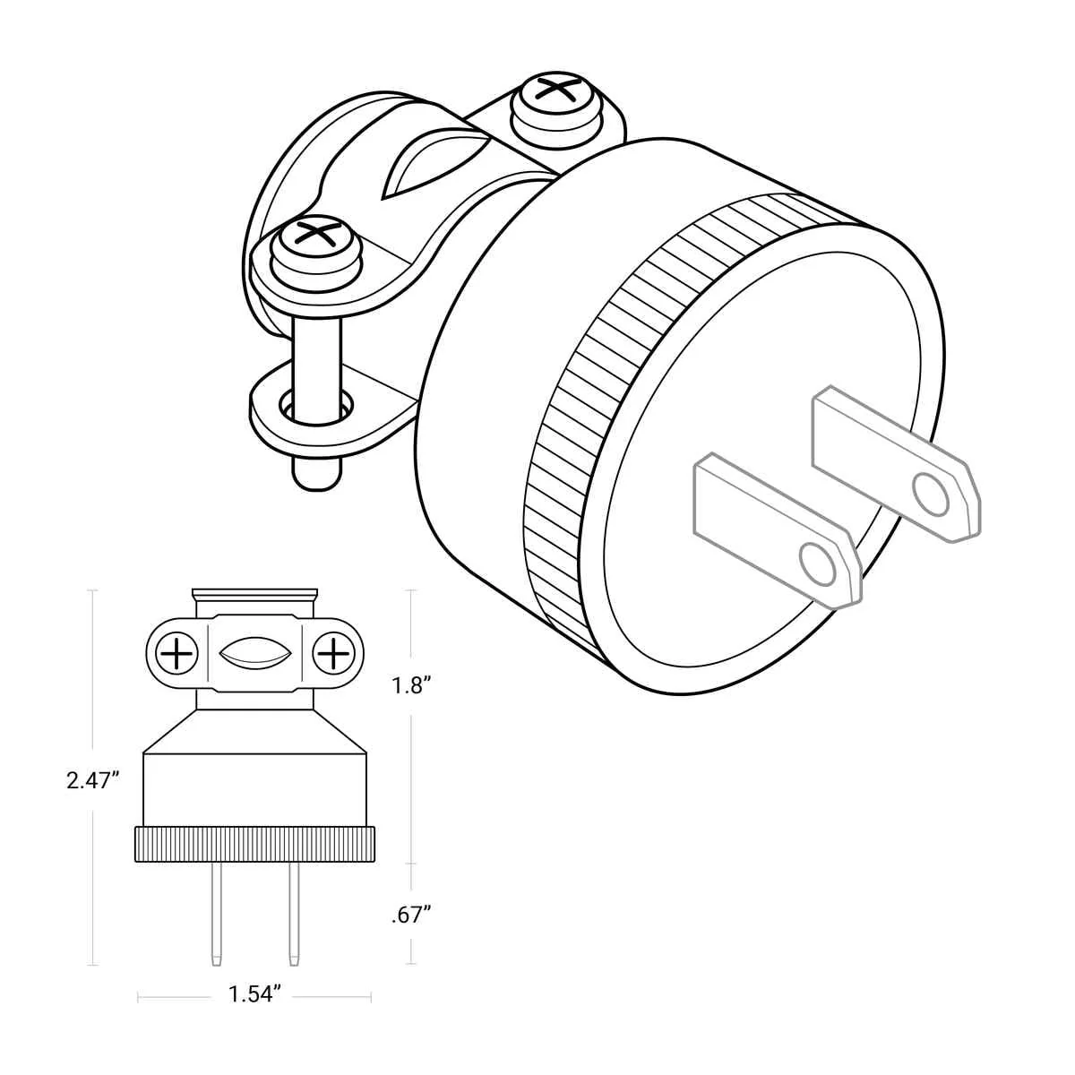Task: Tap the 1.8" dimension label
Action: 413,685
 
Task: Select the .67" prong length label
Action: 412,916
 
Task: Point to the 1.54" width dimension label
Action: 254,993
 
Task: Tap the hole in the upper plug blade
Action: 931,494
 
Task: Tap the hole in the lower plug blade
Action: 818,564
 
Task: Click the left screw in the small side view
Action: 176,653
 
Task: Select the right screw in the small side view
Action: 333,653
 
